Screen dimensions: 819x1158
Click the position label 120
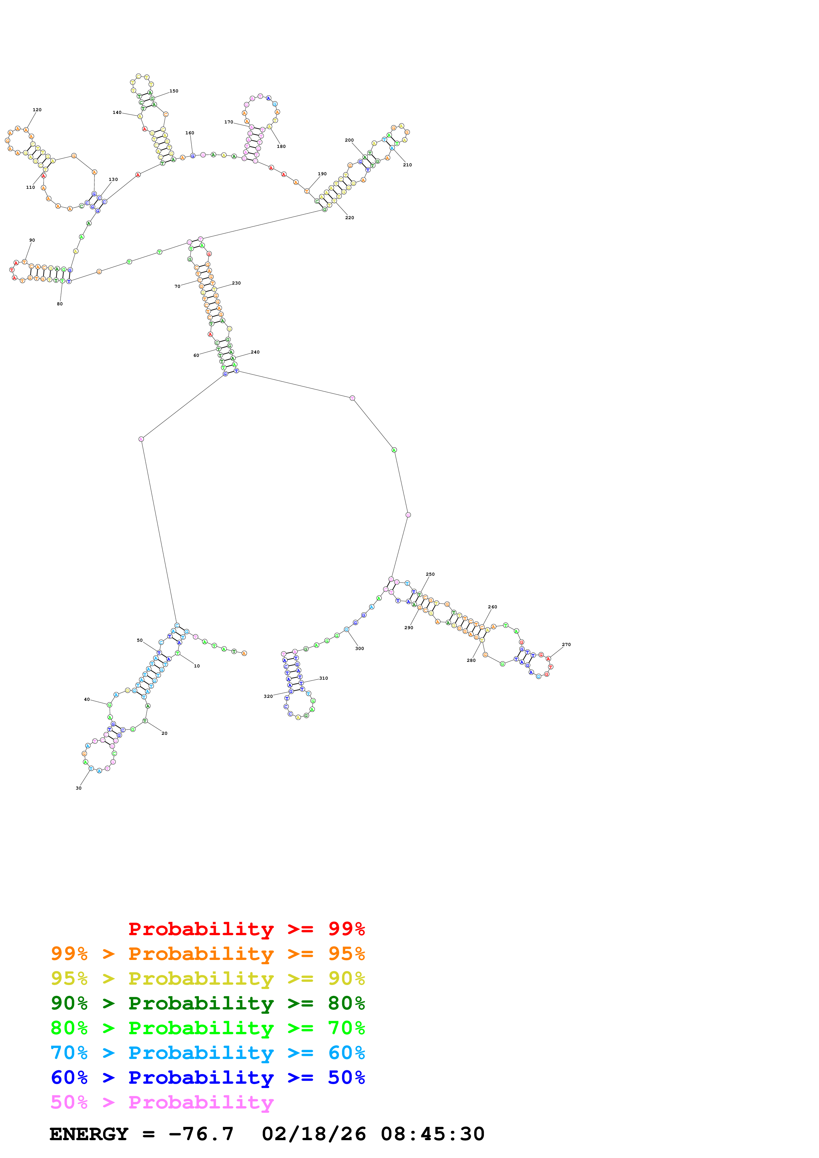pyautogui.click(x=37, y=110)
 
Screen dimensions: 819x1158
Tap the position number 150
pyautogui.click(x=173, y=91)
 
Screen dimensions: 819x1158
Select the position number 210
pyautogui.click(x=407, y=165)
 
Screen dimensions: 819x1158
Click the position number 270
pyautogui.click(x=566, y=645)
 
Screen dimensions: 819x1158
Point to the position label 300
pyautogui.click(x=359, y=649)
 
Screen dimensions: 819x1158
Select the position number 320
pyautogui.click(x=268, y=697)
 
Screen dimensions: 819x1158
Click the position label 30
pyautogui.click(x=79, y=788)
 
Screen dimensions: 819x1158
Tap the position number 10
pyautogui.click(x=197, y=666)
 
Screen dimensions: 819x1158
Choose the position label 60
pyautogui.click(x=196, y=356)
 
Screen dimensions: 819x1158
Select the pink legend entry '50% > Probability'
pyautogui.click(x=162, y=1103)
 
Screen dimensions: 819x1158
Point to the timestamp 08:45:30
pyautogui.click(x=432, y=1134)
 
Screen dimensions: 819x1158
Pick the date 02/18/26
pyautogui.click(x=314, y=1134)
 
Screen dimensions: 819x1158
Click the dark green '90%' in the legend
pyautogui.click(x=69, y=1003)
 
